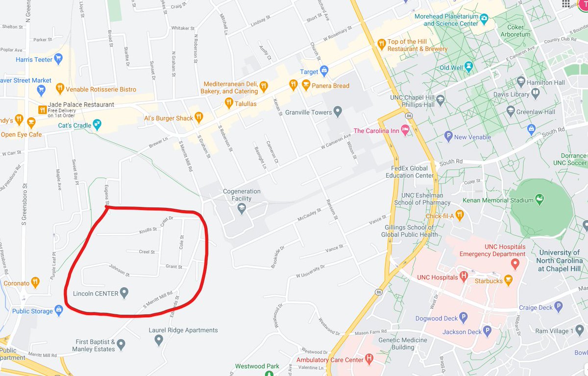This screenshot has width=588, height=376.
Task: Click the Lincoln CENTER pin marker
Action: click(124, 293)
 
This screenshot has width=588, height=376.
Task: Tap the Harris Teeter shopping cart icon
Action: click(59, 59)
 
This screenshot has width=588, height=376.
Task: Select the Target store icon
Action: click(324, 71)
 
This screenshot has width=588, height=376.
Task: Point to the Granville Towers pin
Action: click(337, 112)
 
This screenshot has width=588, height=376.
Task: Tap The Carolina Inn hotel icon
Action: click(405, 130)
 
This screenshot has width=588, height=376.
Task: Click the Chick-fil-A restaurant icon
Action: click(459, 215)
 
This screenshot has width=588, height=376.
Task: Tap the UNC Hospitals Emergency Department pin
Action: click(515, 264)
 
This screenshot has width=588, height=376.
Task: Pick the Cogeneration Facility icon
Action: click(242, 208)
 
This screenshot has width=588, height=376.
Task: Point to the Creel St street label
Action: click(147, 252)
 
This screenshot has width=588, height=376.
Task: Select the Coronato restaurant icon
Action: click(35, 283)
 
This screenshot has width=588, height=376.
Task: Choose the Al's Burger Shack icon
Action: click(198, 117)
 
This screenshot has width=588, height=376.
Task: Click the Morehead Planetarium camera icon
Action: click(485, 19)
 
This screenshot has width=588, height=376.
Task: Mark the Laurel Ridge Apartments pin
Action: click(158, 340)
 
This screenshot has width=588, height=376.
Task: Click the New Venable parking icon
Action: click(448, 137)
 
